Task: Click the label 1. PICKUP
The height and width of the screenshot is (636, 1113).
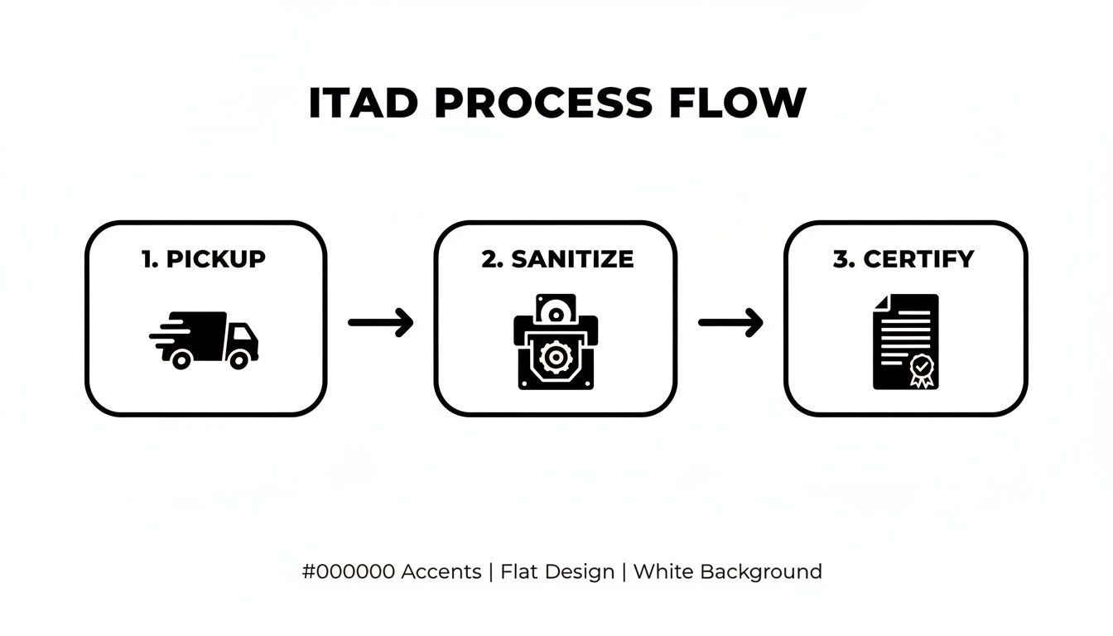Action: pyautogui.click(x=204, y=259)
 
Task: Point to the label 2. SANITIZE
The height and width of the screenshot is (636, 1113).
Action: pyautogui.click(x=557, y=259)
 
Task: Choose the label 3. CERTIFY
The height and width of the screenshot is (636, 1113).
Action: pyautogui.click(x=903, y=259)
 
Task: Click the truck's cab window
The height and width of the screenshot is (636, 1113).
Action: pyautogui.click(x=243, y=335)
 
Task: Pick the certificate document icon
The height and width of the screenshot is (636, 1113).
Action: pyautogui.click(x=905, y=341)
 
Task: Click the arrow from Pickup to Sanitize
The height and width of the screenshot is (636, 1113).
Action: pyautogui.click(x=380, y=322)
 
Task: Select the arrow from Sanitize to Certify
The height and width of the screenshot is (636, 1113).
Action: pyautogui.click(x=730, y=322)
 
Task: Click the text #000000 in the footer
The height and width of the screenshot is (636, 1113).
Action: pyautogui.click(x=349, y=571)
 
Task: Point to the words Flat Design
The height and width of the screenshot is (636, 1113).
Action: pyautogui.click(x=557, y=571)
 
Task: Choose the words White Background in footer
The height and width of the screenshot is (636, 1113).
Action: pyautogui.click(x=727, y=571)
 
